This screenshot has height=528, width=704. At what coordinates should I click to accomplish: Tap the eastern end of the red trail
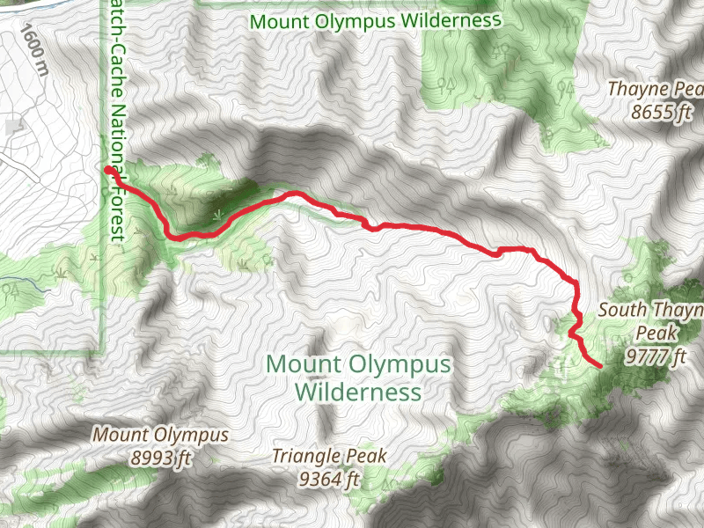pos(599,365)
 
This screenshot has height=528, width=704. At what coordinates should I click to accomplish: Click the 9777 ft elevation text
pos(656,356)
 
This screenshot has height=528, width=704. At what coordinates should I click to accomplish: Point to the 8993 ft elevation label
pos(159,457)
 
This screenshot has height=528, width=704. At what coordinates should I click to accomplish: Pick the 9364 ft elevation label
pos(329,479)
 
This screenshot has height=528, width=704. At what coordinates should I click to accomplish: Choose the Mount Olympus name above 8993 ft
pos(161,435)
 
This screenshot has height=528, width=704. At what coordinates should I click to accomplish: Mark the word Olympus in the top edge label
pos(356,19)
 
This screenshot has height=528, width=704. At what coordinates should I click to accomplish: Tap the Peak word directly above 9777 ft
pos(656,334)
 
